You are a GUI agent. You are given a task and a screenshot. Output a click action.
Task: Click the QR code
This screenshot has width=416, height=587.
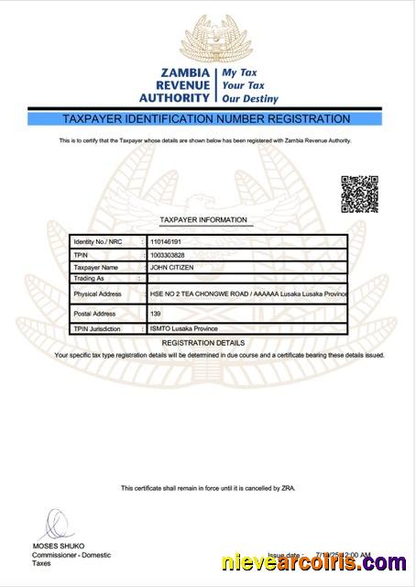coord(359,193)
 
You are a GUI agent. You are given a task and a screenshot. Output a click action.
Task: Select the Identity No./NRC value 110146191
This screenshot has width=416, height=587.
coord(168,241)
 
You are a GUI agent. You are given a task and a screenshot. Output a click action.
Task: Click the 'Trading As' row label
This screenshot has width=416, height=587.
coord(88,277)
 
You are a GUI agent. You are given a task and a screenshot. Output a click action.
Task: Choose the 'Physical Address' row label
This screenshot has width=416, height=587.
coord(97,293)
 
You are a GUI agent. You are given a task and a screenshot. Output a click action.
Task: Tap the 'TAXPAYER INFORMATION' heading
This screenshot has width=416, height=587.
coord(203,220)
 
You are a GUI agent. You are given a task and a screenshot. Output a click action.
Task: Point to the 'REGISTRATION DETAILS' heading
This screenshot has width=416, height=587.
coord(207,341)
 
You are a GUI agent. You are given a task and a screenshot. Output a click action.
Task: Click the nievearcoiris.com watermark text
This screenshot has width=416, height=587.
coord(313,564)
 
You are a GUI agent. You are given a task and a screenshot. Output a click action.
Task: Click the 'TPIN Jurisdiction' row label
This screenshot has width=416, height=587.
coord(99,327)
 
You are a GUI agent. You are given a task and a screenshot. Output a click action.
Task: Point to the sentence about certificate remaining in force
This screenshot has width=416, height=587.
coord(207,488)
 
